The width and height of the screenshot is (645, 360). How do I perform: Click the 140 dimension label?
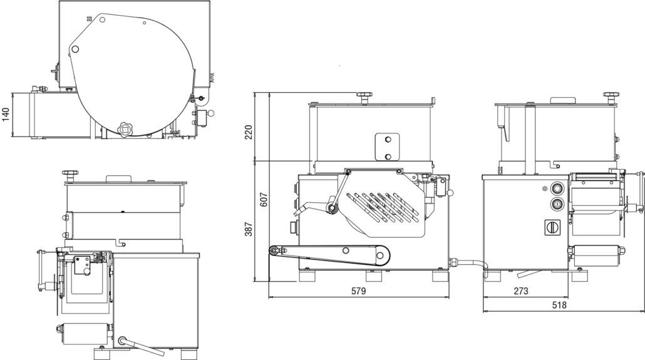(x=6, y=115)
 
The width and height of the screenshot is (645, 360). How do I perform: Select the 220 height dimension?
(x=249, y=132)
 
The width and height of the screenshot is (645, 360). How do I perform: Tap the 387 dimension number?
(x=249, y=229)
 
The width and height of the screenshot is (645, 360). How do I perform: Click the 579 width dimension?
(x=358, y=291)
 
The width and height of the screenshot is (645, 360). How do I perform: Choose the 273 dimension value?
(x=521, y=291)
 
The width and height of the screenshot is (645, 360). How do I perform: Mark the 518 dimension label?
(x=559, y=305)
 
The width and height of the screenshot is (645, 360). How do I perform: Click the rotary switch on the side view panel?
(x=552, y=227)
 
